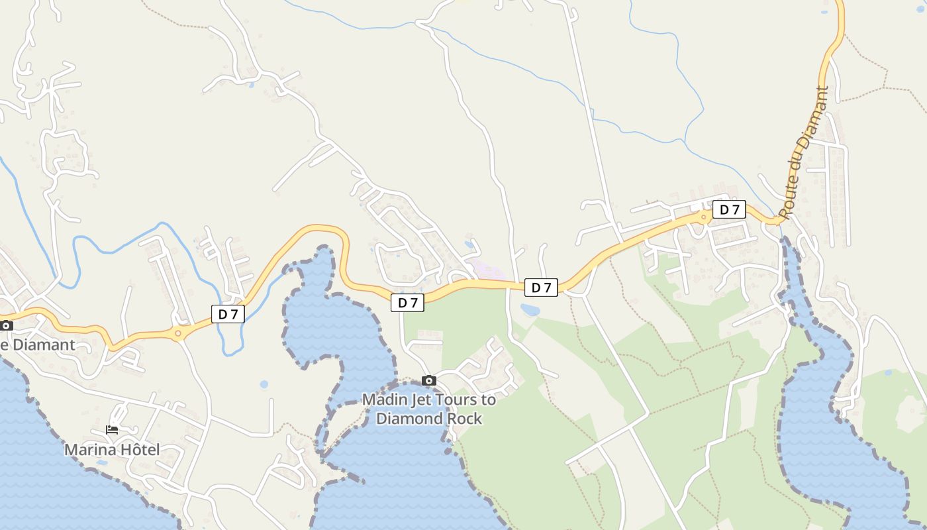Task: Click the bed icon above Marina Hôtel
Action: click(112, 430)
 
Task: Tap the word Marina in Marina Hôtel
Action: click(89, 450)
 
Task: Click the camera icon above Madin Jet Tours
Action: click(429, 381)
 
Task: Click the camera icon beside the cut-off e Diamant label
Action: click(6, 325)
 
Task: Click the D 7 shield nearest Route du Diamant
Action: click(729, 210)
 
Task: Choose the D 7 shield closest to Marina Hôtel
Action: click(228, 314)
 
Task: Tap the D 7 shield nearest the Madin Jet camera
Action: click(407, 303)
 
